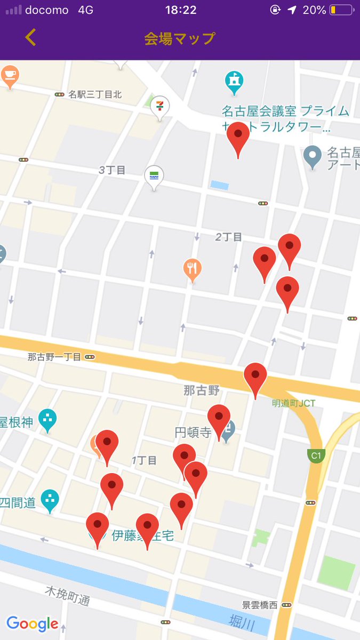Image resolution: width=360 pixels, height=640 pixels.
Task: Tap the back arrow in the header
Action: point(31,37)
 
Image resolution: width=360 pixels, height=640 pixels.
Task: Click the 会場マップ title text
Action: point(180,38)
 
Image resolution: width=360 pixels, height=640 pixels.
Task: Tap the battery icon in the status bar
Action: point(341,10)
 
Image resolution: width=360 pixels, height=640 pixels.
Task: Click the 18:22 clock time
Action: point(181,10)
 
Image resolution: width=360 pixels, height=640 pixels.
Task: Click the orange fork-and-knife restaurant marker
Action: point(193,269)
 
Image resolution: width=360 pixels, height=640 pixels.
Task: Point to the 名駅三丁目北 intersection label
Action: point(94,94)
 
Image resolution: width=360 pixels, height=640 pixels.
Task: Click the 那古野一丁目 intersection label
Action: point(54,357)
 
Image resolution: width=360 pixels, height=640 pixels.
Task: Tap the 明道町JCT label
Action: point(293,403)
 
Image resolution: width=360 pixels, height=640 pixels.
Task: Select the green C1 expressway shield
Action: point(316,455)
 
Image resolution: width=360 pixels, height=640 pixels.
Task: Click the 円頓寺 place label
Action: point(193,433)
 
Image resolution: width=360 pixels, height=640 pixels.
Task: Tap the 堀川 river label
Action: point(242,621)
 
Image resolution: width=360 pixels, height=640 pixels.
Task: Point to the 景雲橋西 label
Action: point(260,605)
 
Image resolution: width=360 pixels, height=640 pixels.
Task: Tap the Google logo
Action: point(32,623)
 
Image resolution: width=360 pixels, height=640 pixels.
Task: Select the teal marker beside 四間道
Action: point(50,500)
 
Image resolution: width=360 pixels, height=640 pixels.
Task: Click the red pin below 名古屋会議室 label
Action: point(238,138)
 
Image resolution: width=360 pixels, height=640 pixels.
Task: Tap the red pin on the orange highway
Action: point(255,378)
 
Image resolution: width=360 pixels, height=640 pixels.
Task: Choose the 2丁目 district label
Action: point(229,237)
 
